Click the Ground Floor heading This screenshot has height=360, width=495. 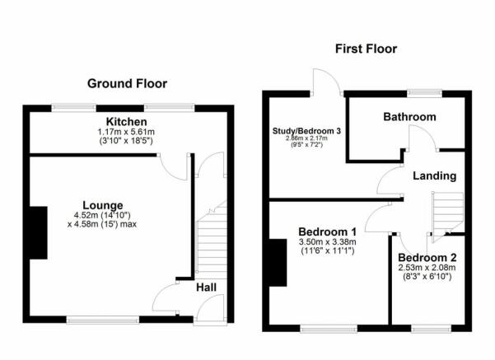127,84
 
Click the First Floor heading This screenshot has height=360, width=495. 366,49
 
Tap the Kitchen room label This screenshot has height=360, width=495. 126,122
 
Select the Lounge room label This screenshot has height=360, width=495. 103,205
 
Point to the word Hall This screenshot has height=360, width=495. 206,288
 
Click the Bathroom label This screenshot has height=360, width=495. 410,117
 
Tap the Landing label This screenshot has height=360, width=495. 435,176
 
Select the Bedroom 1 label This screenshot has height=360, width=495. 327,232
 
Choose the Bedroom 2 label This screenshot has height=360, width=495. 427,258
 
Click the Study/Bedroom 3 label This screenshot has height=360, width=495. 306,131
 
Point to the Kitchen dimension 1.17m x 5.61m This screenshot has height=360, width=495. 126,132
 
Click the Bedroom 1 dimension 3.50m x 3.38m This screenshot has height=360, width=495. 327,242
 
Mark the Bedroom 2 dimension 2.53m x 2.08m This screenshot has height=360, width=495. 427,268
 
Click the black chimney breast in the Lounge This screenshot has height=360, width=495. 39,233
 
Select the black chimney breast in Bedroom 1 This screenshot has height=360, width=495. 278,263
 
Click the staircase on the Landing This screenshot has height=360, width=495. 447,217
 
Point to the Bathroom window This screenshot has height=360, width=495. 425,93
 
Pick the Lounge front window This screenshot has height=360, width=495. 103,320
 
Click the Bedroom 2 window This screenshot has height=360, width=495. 432,329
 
